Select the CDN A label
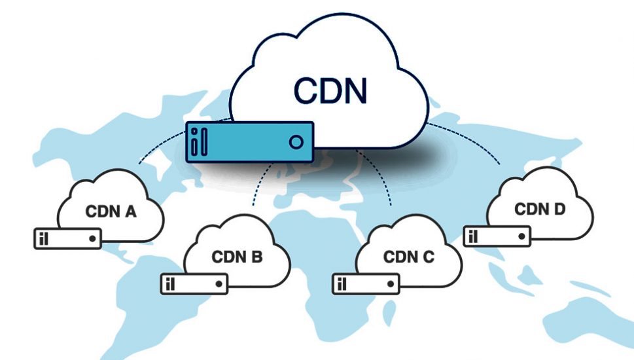(x=111, y=212)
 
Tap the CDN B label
(x=237, y=257)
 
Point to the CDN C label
(x=408, y=257)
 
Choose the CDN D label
(x=540, y=209)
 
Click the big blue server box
(x=249, y=141)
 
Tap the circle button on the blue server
(x=296, y=141)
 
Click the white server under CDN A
(x=68, y=238)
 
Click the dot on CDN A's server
(x=92, y=238)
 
